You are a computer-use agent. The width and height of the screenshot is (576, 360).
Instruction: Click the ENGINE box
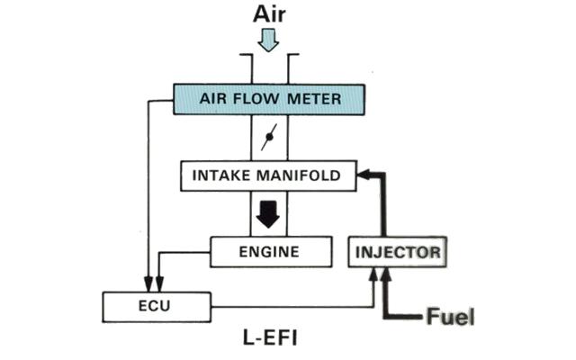tap(268, 251)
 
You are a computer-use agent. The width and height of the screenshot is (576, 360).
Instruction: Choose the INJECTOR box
tap(397, 252)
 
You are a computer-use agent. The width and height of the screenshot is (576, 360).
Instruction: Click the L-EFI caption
tap(272, 340)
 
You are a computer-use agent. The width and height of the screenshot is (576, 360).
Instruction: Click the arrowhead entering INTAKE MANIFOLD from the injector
tap(363, 175)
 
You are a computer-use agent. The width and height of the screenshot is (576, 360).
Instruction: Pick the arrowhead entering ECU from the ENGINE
tap(159, 285)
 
